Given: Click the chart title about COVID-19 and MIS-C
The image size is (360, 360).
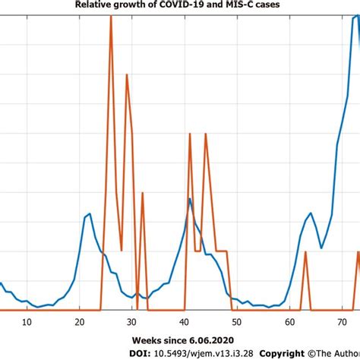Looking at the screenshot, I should [x=179, y=7].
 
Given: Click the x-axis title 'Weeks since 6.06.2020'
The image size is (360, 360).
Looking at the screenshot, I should [x=179, y=339].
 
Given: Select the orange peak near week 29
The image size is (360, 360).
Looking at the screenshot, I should [x=126, y=74].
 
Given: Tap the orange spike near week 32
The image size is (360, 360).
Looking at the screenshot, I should [x=142, y=193].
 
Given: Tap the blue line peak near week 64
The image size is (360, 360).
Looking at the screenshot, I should [x=310, y=213].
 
